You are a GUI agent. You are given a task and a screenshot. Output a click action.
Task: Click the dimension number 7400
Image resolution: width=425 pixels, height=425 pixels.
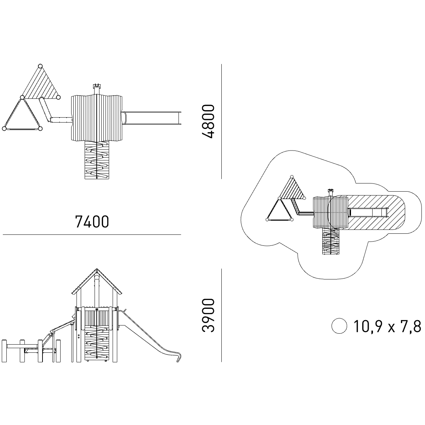coord(92,222)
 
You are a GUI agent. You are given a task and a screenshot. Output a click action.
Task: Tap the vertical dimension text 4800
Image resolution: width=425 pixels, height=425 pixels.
coord(208,121)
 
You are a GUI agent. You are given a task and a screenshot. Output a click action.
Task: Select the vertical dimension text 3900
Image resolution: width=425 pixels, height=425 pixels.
coord(208,316)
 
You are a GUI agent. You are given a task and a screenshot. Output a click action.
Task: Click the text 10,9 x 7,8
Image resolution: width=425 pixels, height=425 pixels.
coord(387,326)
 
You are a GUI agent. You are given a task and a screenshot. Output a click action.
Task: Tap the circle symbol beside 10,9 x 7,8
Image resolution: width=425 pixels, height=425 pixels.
coord(339,326)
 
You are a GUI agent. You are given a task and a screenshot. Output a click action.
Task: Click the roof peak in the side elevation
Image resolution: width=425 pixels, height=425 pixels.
coord(97,269)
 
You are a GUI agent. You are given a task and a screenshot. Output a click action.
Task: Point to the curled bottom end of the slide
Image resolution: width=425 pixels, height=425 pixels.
coord(178,359)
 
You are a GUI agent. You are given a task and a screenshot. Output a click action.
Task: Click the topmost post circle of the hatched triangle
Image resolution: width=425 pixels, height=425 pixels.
coord(40,66)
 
